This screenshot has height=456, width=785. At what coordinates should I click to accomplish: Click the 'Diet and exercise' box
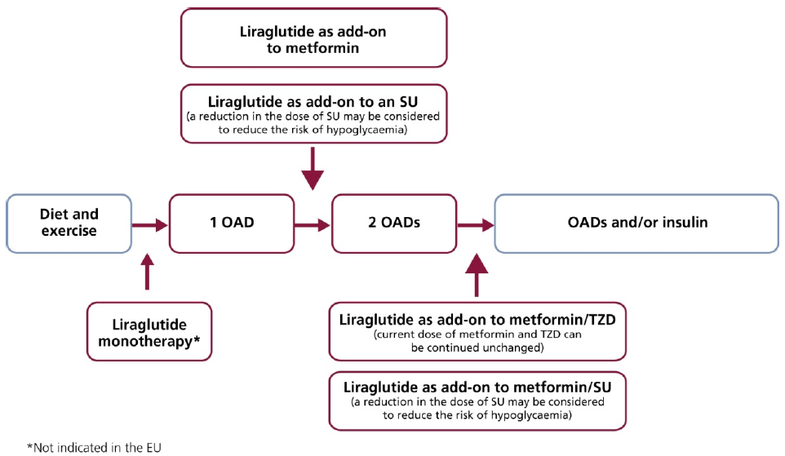click(69, 224)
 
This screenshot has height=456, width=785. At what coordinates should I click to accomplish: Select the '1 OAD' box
click(232, 224)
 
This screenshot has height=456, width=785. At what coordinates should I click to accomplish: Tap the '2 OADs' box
click(394, 224)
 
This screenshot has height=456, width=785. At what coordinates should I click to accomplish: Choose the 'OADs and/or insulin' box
click(636, 224)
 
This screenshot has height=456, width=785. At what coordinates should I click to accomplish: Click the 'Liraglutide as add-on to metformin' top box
click(314, 38)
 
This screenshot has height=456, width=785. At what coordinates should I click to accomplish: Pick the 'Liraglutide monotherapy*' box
click(149, 332)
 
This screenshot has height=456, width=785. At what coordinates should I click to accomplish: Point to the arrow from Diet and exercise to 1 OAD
click(149, 225)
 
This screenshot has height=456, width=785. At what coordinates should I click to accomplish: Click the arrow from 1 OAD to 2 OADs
click(313, 225)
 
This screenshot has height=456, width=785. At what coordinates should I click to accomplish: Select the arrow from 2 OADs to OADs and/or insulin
click(476, 225)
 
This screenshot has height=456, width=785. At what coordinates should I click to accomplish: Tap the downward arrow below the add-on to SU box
click(313, 169)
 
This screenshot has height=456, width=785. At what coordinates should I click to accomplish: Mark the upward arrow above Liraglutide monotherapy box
click(147, 272)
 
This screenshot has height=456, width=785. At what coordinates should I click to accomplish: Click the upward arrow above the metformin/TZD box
click(476, 275)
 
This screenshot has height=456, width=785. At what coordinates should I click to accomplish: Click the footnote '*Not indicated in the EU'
click(94, 448)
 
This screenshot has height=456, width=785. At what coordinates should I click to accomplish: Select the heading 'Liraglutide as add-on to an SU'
click(313, 102)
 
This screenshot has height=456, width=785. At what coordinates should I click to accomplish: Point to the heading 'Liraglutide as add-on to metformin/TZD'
click(477, 320)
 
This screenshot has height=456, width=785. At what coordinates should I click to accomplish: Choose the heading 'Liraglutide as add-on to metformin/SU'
click(477, 387)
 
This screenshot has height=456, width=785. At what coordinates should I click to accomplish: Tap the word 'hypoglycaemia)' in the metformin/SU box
click(531, 415)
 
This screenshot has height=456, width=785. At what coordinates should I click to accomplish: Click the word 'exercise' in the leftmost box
click(69, 231)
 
